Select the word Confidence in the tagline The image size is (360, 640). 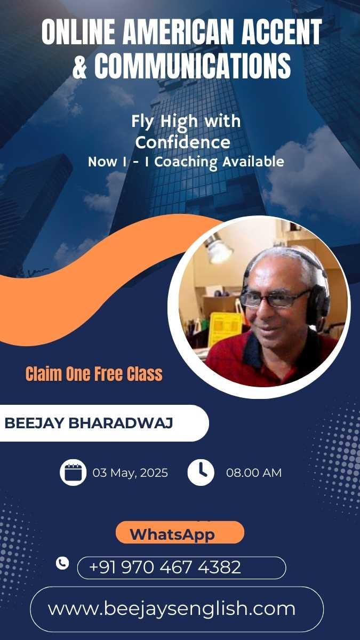pyautogui.click(x=183, y=142)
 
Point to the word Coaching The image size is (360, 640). pyautogui.click(x=186, y=162)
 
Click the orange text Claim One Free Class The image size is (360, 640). pyautogui.click(x=94, y=374)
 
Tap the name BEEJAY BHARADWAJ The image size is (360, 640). pyautogui.click(x=89, y=423)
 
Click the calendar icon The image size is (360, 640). pyautogui.click(x=73, y=473)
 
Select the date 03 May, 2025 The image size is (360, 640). pyautogui.click(x=130, y=473)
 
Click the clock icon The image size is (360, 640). pyautogui.click(x=201, y=473)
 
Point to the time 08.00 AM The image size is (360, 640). pyautogui.click(x=254, y=473)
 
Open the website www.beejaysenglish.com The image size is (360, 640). pyautogui.click(x=172, y=609)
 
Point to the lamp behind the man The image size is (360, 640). pyautogui.click(x=219, y=249)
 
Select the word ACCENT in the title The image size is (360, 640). pyautogui.click(x=282, y=31)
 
